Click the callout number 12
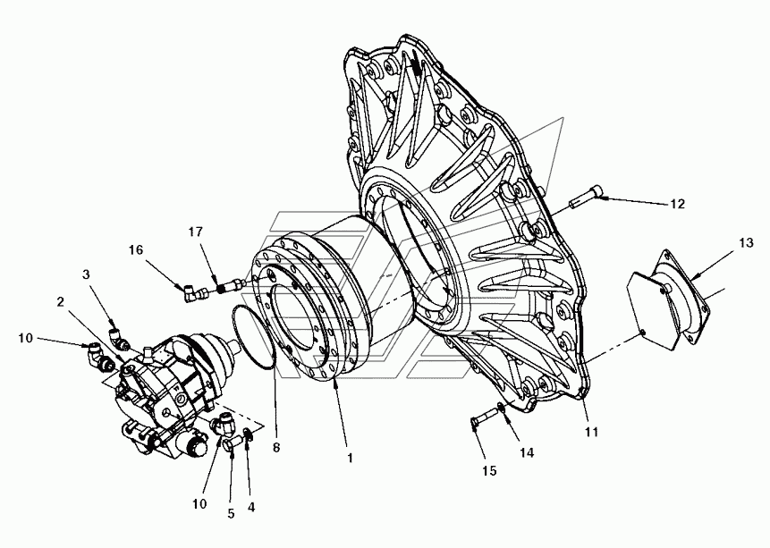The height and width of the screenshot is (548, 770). point(677,204)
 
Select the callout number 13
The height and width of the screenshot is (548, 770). point(746,242)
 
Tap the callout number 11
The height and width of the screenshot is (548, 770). point(591,432)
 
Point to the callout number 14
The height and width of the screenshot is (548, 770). point(527,452)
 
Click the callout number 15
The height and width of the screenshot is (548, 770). point(489,471)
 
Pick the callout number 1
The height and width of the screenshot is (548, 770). point(351,458)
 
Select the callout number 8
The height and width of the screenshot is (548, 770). point(276,447)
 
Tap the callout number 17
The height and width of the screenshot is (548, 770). point(196,232)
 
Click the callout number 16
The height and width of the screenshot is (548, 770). point(136,250)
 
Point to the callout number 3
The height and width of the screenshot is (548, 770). point(86,274)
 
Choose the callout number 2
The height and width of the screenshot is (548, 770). point(61,301)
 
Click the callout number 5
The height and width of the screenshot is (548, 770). point(231,514)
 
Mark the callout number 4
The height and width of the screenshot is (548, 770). point(251,507)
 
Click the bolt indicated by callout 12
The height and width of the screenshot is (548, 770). point(586,197)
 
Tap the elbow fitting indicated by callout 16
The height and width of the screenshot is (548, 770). point(192,293)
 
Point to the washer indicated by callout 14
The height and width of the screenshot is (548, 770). point(501,407)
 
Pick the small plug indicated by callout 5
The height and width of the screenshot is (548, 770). point(233,443)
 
